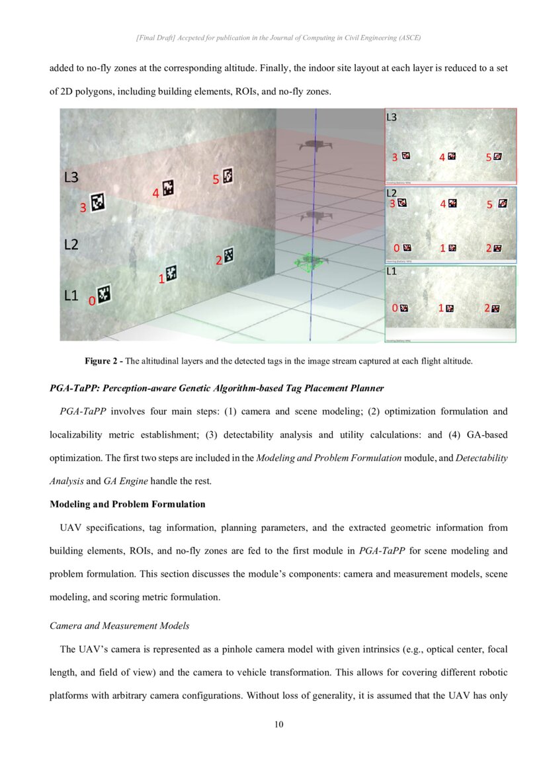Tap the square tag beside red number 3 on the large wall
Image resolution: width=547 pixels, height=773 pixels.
(99, 202)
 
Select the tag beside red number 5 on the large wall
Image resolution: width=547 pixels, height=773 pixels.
(228, 176)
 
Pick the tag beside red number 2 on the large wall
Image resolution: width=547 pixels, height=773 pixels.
(229, 255)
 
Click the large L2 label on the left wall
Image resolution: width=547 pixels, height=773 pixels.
(71, 245)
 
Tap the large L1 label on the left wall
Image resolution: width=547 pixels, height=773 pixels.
(71, 296)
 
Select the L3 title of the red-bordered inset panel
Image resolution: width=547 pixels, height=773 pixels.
(392, 117)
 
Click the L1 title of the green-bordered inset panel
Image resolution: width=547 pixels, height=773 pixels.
(391, 272)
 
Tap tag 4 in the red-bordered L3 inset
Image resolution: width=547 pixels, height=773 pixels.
(452, 157)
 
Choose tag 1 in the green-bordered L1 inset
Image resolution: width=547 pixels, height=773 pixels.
(450, 308)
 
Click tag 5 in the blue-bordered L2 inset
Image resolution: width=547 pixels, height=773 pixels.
(502, 204)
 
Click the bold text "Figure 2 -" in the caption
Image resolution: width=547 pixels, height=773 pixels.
(103, 361)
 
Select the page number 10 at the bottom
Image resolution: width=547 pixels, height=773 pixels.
(278, 725)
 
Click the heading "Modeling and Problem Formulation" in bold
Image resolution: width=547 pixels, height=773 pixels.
(128, 504)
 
